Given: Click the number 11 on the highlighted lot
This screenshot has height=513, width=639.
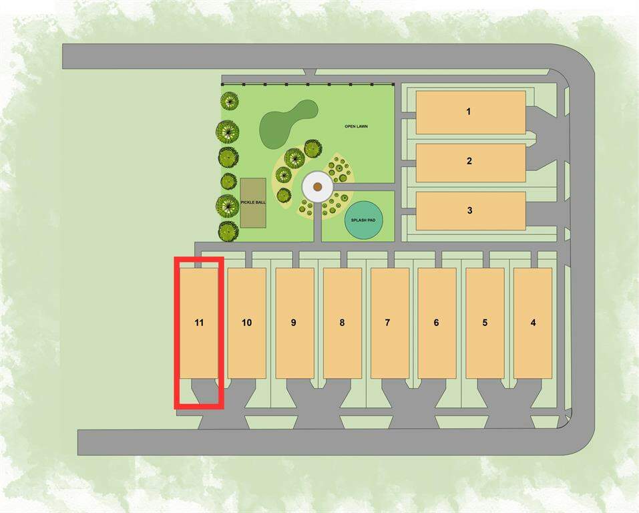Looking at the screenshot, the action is (x=199, y=323).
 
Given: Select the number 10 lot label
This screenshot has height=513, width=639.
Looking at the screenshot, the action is (x=246, y=323).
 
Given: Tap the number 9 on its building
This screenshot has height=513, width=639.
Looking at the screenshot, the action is (x=294, y=323).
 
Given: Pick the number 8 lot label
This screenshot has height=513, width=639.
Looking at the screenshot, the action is (x=342, y=323).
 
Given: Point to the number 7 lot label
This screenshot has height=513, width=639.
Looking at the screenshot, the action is (x=387, y=323).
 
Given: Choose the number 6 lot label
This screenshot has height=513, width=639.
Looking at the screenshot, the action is (x=437, y=323).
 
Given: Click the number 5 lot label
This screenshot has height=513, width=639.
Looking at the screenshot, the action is (x=485, y=323).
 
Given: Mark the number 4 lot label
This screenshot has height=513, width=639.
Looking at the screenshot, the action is (x=533, y=323).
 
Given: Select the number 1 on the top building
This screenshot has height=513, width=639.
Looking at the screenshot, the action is (x=469, y=112).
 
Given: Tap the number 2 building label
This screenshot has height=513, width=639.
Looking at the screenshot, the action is (x=469, y=161).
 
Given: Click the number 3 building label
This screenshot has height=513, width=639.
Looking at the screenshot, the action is (x=470, y=210).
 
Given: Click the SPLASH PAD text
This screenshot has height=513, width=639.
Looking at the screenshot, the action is (x=363, y=220).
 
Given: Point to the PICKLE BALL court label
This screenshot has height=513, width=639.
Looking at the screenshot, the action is (x=253, y=202).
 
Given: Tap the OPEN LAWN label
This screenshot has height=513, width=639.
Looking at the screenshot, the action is (x=356, y=126).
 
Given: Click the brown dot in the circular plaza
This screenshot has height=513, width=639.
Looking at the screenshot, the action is (x=318, y=187).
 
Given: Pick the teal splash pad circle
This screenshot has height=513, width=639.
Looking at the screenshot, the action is (x=363, y=220).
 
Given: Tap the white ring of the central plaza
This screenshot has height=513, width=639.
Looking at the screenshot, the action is (x=318, y=187).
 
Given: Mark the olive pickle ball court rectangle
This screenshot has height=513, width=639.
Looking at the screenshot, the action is (x=253, y=202).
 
